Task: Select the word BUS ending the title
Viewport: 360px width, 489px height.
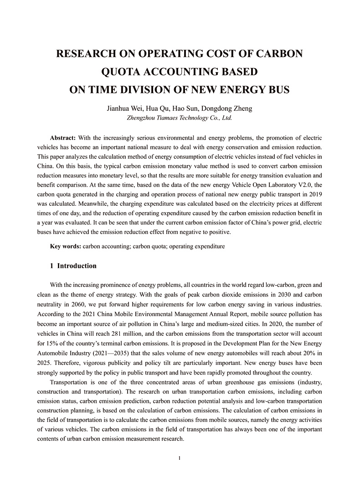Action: tap(277, 89)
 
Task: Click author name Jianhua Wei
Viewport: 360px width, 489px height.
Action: tap(123, 109)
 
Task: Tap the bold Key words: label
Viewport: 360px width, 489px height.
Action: tap(66, 246)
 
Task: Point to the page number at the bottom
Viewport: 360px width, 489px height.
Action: tap(180, 458)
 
